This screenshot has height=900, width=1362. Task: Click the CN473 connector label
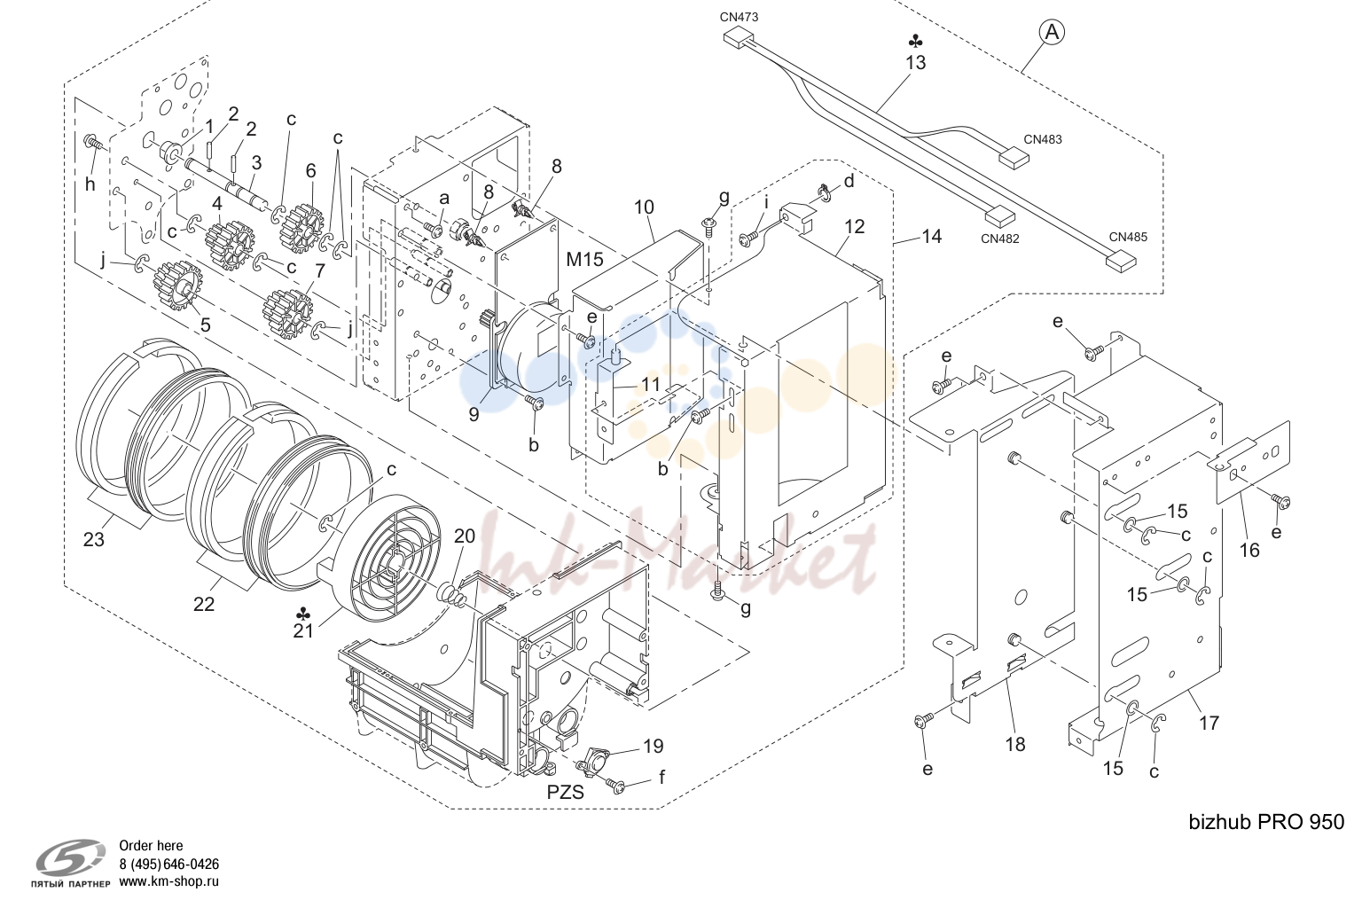[739, 17]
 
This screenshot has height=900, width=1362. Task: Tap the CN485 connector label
[1128, 237]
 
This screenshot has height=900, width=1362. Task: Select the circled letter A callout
[1052, 32]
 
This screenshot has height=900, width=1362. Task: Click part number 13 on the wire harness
[916, 63]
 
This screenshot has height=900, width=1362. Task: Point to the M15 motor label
[584, 260]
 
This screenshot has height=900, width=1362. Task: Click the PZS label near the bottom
[566, 793]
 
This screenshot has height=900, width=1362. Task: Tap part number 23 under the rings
[94, 539]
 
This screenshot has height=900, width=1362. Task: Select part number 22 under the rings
[204, 605]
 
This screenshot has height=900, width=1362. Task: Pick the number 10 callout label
[644, 207]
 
